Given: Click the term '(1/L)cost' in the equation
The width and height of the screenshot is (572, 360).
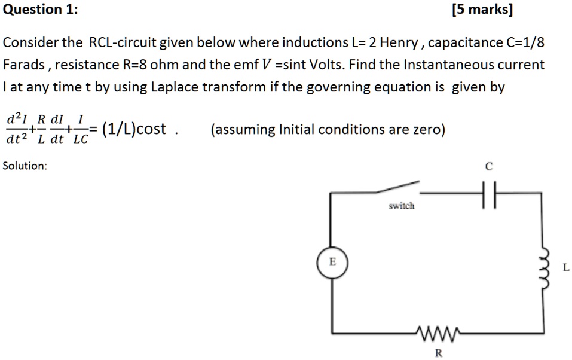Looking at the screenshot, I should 134,129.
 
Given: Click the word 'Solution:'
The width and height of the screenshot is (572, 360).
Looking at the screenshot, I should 25,165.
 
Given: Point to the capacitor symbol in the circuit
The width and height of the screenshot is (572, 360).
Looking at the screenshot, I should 488,194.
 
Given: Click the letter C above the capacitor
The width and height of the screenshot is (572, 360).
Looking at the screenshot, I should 488,167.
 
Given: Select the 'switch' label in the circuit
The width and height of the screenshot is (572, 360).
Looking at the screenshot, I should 401,206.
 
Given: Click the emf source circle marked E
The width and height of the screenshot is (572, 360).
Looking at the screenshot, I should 333,263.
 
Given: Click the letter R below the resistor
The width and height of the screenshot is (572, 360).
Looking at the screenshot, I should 438,353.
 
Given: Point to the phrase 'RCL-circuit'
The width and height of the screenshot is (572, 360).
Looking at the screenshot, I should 123,43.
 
